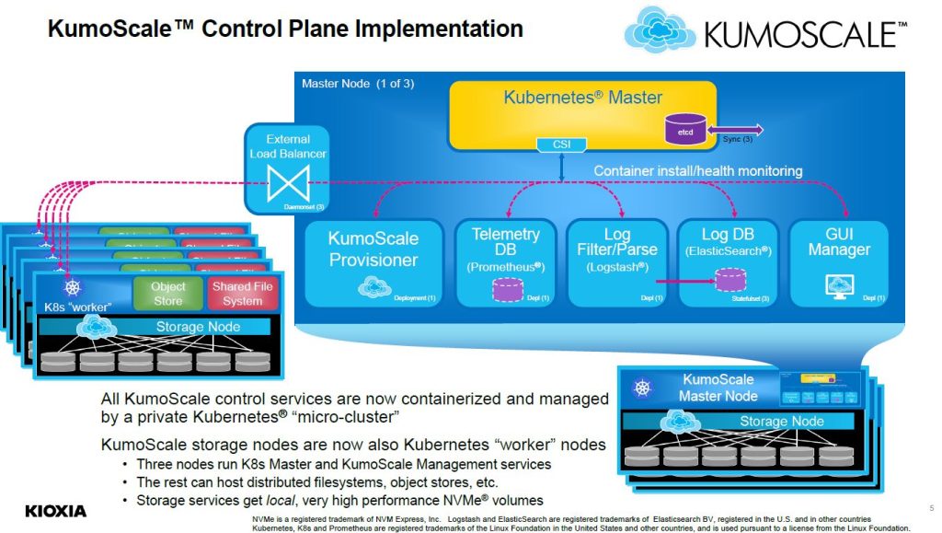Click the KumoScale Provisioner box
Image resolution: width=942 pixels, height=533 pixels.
[x=373, y=263]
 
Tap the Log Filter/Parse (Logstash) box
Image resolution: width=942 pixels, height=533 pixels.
[x=616, y=263]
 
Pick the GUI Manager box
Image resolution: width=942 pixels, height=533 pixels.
[x=837, y=263]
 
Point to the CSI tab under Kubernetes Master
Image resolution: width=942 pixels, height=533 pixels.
[x=561, y=144]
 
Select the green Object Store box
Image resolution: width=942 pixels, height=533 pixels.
[x=168, y=293]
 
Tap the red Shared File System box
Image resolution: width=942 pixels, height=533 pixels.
[x=243, y=293]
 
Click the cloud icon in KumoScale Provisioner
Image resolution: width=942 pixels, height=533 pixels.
[x=374, y=289]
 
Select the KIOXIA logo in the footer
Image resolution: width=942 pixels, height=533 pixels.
[x=55, y=511]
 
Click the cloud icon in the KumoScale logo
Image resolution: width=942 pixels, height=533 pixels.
[x=661, y=29]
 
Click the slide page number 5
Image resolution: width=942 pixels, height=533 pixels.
[x=919, y=507]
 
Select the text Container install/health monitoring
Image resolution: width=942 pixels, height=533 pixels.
[x=697, y=170]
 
